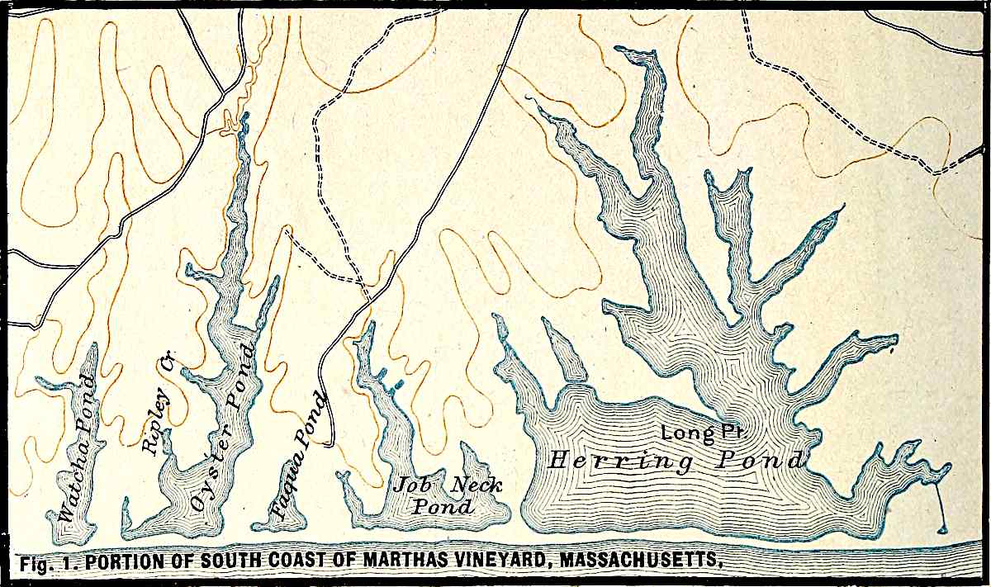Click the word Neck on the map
point(476,485)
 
